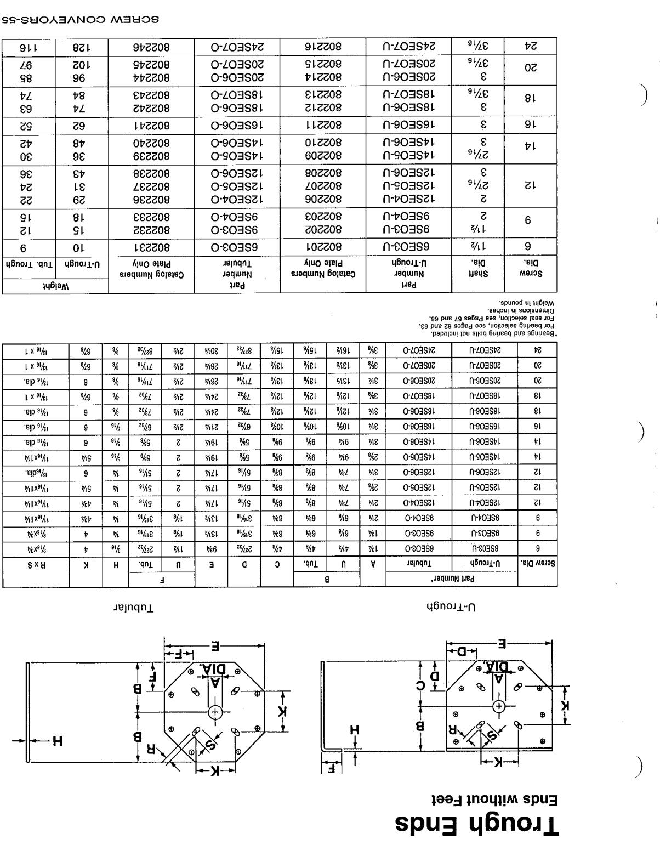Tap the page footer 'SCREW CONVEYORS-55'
click(x=80, y=20)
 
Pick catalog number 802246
click(x=151, y=47)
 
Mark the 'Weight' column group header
click(x=55, y=286)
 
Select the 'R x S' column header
click(x=36, y=564)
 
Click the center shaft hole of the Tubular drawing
click(x=215, y=712)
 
